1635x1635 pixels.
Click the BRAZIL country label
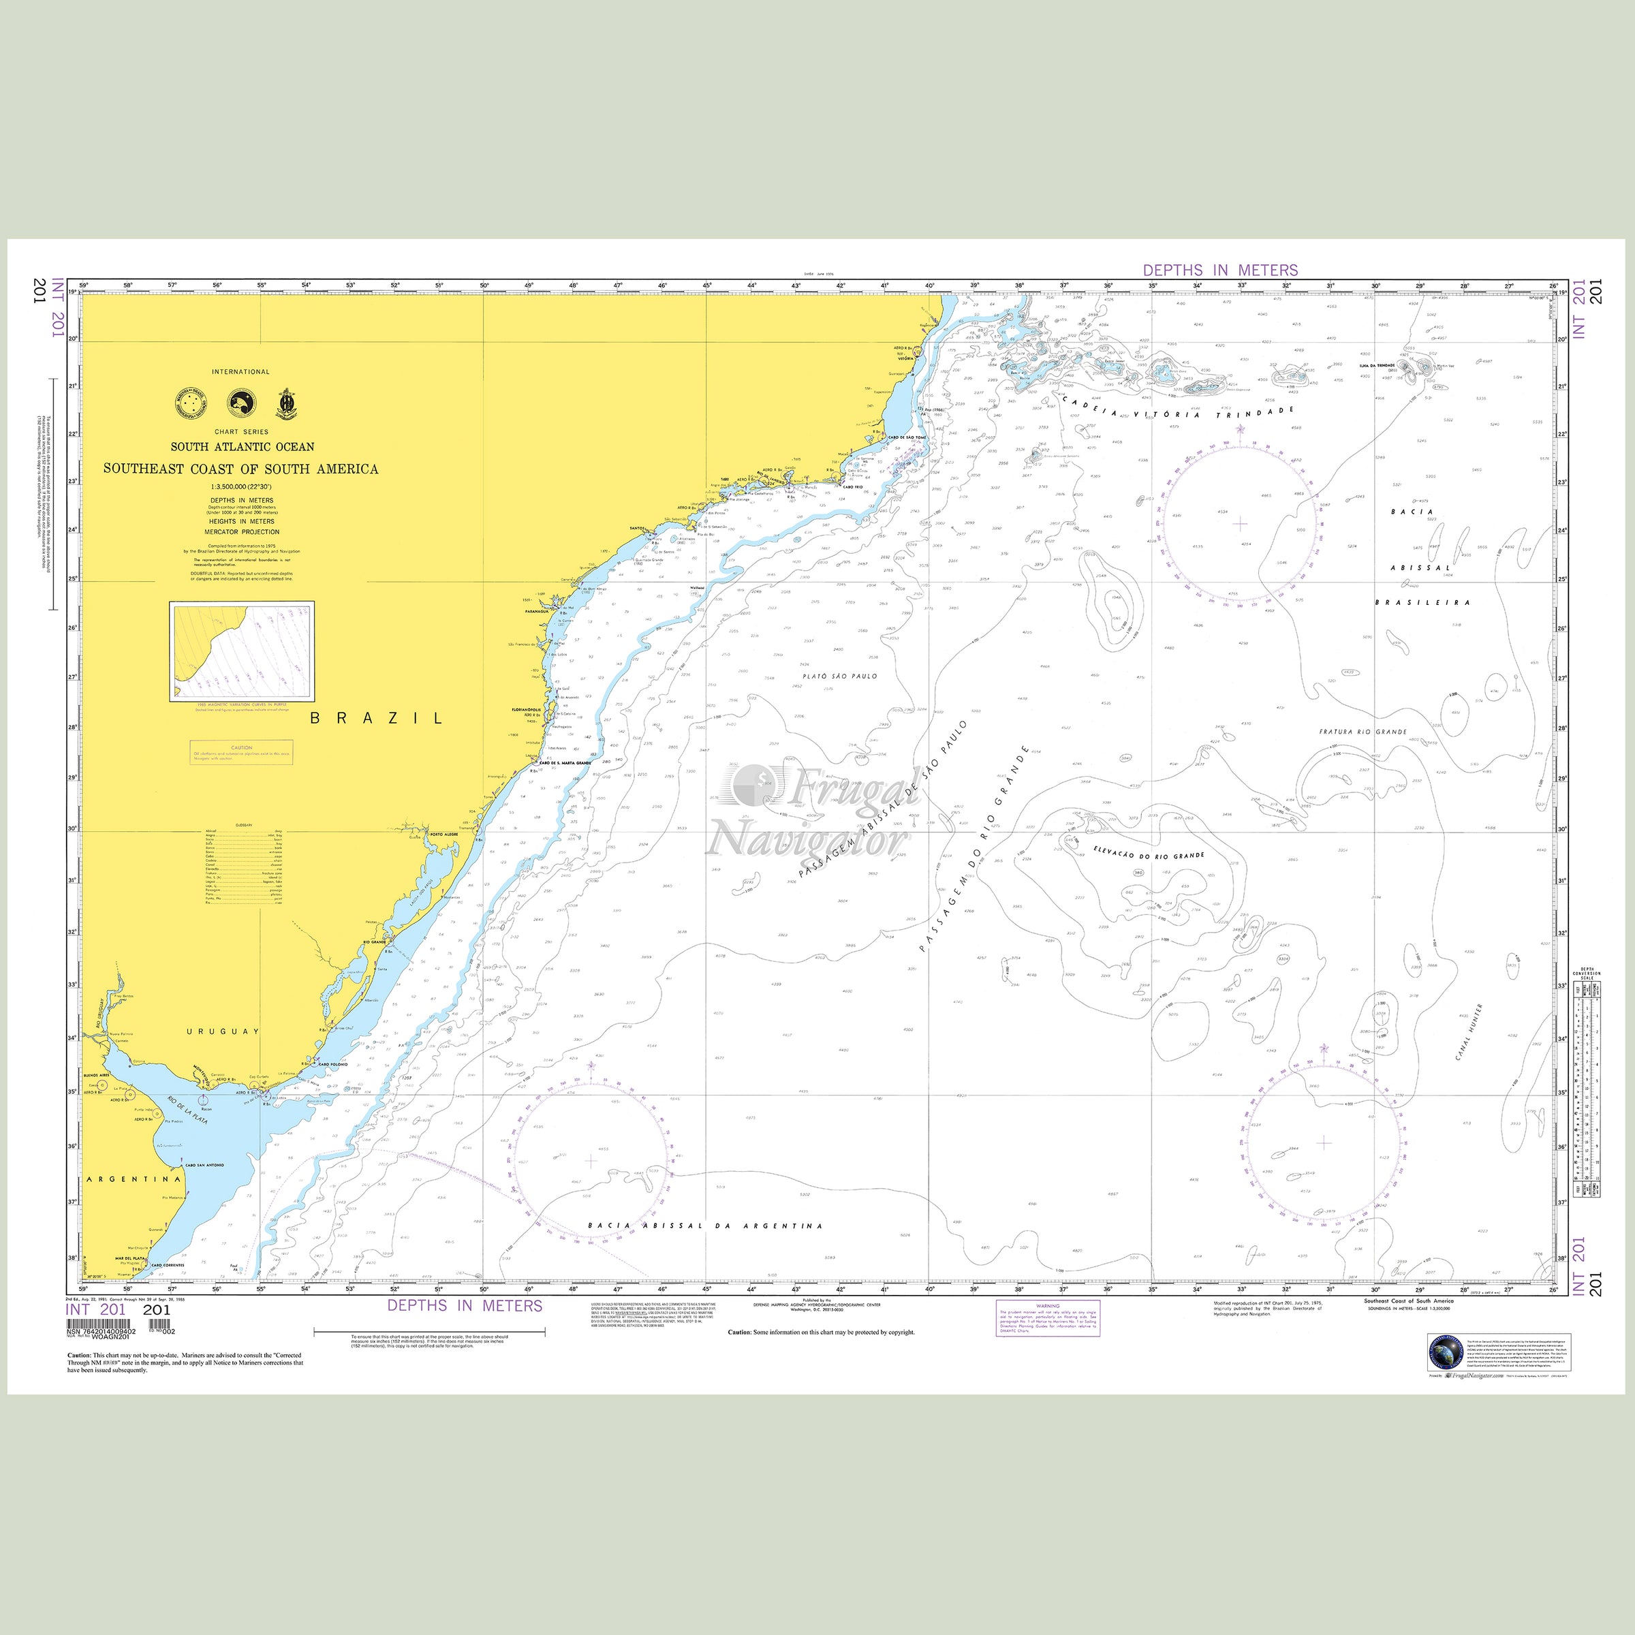pos(377,719)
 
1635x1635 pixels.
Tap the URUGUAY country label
pos(223,1031)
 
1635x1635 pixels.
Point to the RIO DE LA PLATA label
pos(188,1110)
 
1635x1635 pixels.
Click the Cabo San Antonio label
pos(205,1166)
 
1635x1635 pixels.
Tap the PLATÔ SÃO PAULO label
pos(841,676)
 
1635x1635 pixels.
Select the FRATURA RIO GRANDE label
pos(1363,731)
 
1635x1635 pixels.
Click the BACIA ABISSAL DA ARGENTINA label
pos(705,1226)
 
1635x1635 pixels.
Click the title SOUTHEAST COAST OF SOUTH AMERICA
pos(241,469)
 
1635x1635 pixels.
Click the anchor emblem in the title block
pos(290,404)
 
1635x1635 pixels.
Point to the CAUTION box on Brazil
pos(242,752)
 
